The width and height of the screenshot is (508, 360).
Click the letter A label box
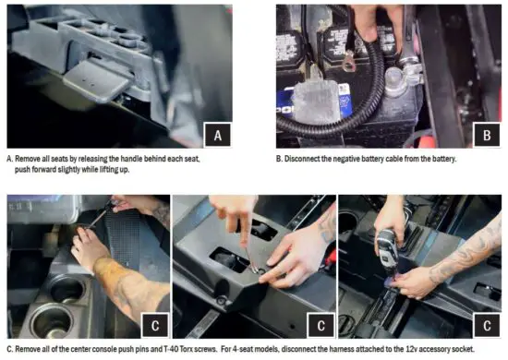(x=217, y=135)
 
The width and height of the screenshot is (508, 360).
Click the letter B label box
(x=486, y=134)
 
